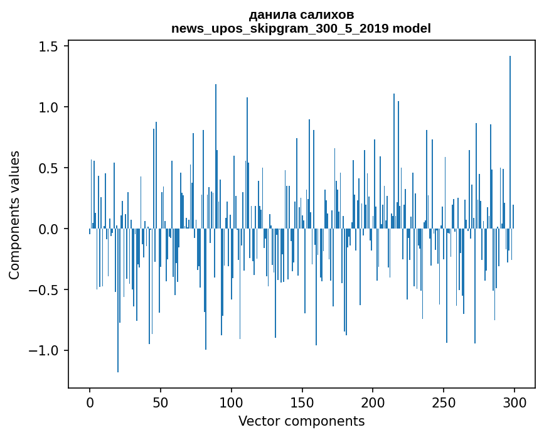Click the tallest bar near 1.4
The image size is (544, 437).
point(510,142)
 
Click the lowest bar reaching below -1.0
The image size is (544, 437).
point(118,300)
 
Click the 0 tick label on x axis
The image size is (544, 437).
point(90,402)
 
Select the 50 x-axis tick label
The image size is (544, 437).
point(160,402)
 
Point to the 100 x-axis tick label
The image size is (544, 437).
point(231,402)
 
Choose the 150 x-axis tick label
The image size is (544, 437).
point(302,402)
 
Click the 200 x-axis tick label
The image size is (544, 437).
point(373,402)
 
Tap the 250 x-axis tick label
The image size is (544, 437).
point(444,402)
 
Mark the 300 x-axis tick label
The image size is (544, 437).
point(514,402)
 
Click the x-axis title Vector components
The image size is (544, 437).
point(301,421)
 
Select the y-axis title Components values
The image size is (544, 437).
point(14,215)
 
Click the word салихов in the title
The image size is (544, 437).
point(326,15)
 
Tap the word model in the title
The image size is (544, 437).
point(412,28)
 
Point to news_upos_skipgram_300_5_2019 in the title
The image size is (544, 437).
point(280,29)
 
